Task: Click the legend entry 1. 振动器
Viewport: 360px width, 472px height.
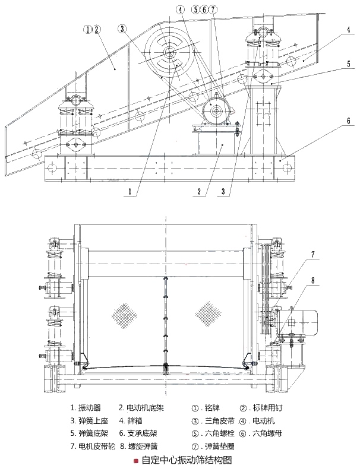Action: (86, 408)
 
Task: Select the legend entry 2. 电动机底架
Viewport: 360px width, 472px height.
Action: (141, 408)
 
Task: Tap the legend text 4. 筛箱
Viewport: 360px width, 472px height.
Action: (131, 420)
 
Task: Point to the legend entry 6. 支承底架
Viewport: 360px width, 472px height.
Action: (138, 433)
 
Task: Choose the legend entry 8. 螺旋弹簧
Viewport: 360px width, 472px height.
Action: (138, 446)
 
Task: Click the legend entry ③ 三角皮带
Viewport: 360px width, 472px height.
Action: (213, 420)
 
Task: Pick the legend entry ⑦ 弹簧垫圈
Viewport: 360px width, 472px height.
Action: (213, 446)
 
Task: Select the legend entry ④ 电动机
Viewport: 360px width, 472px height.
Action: (257, 420)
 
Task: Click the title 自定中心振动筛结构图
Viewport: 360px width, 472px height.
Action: (187, 460)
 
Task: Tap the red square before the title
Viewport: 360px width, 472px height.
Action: (136, 461)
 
